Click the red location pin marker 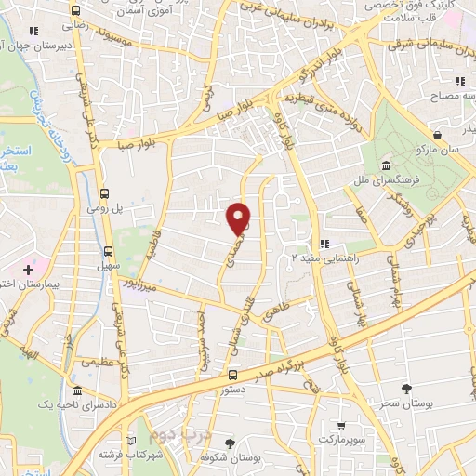pos(239,218)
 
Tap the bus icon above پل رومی pos(105,194)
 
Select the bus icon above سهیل pos(110,250)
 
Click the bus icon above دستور pos(231,376)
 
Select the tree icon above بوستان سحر pos(405,388)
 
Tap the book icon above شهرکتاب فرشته pos(129,441)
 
